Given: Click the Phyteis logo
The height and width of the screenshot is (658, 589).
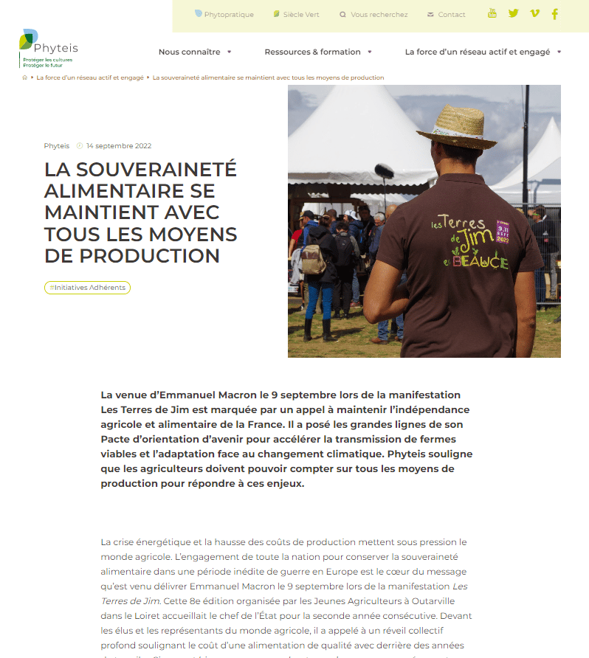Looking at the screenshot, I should (48, 49).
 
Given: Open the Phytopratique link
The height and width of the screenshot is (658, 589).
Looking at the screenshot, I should (224, 15).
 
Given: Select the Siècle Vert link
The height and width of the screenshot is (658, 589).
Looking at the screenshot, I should (296, 15).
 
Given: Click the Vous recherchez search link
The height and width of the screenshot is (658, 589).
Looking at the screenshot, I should (373, 15).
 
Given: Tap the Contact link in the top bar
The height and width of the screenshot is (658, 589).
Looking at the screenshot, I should (447, 15).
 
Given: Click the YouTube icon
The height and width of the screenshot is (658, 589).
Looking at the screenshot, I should (492, 13).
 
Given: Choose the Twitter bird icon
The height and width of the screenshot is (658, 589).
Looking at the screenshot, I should (514, 13).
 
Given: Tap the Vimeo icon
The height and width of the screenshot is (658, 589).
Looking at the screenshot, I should (535, 13).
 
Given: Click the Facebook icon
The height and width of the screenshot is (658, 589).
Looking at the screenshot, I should (555, 14).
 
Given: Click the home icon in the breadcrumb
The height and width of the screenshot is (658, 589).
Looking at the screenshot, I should (25, 77).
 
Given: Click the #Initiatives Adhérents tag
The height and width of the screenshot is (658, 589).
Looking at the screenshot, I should (87, 288).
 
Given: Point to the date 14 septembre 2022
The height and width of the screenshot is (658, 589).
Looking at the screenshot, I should (118, 146).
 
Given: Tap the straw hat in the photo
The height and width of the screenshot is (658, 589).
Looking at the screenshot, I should (458, 125).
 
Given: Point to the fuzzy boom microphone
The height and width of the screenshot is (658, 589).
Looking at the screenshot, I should (385, 172).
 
